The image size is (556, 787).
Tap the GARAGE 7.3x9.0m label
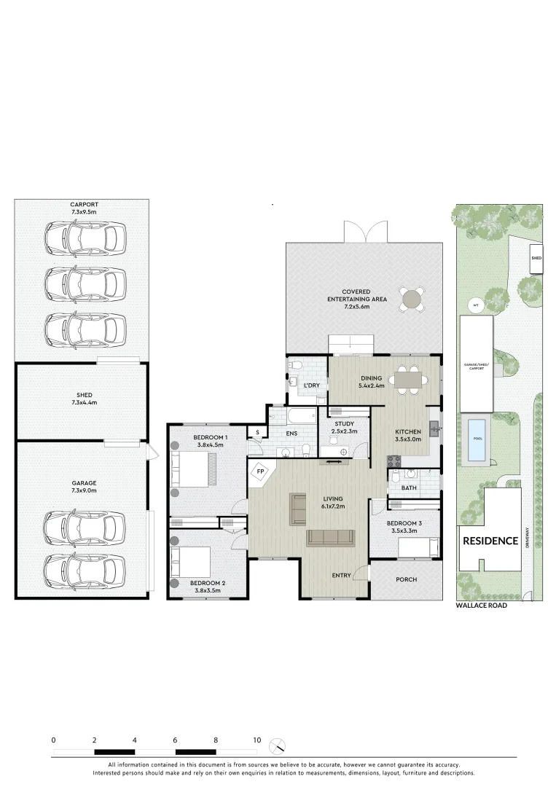[84, 487]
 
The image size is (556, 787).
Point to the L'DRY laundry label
[312, 385]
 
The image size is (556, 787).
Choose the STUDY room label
[344, 423]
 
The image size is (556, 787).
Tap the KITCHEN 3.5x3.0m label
[408, 436]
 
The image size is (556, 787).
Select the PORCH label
[406, 580]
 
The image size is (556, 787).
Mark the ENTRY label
[340, 575]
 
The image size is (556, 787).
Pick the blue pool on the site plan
[476, 439]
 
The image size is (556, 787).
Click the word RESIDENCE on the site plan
[490, 541]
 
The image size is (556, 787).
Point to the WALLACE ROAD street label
[481, 606]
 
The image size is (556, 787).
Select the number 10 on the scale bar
[257, 740]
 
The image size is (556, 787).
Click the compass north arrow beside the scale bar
[278, 746]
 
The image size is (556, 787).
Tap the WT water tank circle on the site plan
[475, 305]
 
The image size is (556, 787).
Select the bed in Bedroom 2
[191, 562]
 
